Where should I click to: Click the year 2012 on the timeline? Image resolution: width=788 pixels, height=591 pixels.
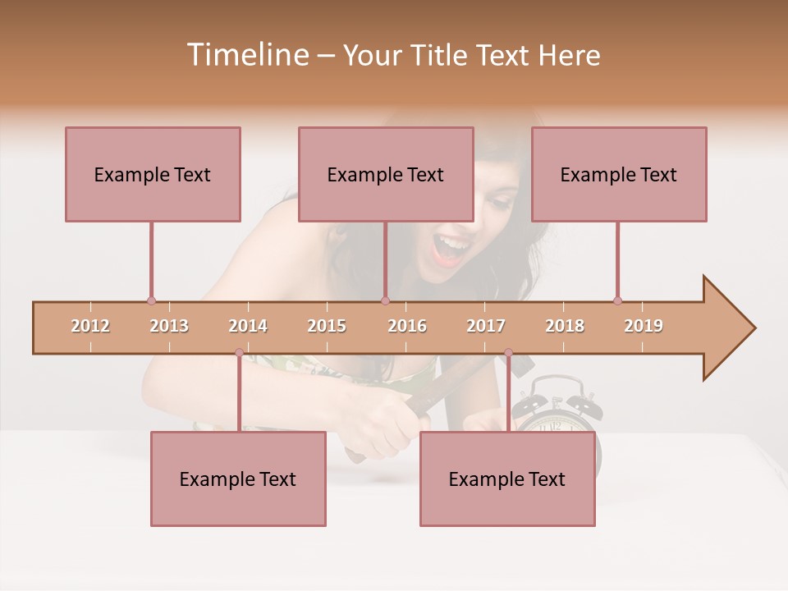coord(90,326)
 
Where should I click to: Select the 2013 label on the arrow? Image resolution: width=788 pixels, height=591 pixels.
coord(169,326)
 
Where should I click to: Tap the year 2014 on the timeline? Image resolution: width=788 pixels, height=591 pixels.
coord(248,326)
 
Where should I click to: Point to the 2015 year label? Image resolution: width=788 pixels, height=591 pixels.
coord(327,326)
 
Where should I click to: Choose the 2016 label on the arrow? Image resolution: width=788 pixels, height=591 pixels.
coord(407,326)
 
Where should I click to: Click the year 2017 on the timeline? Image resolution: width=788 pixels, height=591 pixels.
coord(486,326)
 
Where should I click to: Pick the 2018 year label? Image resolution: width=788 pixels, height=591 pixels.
coord(565,326)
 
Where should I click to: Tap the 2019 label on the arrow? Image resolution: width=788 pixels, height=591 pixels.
coord(644,326)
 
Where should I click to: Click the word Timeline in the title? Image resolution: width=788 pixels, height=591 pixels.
coord(245,55)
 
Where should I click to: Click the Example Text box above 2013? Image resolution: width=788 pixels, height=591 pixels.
coord(153,174)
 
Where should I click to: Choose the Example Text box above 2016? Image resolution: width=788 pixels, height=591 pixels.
coord(386,174)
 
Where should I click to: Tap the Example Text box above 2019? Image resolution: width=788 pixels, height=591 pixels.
coord(619,174)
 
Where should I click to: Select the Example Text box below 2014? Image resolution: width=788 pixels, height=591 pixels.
coord(238,479)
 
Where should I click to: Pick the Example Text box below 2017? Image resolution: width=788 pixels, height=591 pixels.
coord(507,479)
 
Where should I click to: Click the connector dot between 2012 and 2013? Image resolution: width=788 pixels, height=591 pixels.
coord(151,300)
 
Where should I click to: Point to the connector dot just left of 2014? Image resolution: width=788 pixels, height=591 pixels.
coord(239,353)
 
